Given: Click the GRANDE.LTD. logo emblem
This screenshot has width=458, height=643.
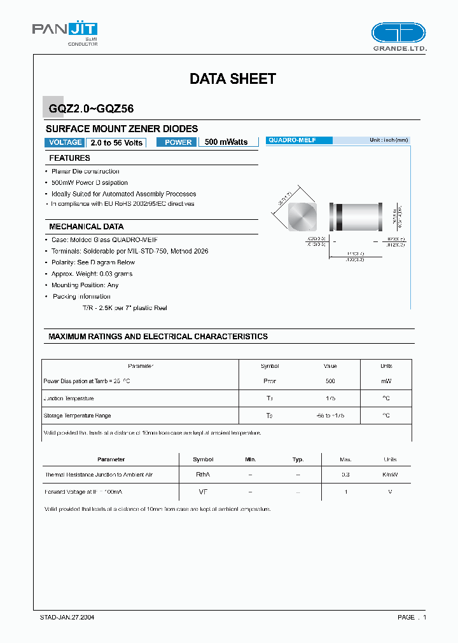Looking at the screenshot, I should (398, 33).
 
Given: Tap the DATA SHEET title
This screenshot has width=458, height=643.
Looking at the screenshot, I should (232, 79).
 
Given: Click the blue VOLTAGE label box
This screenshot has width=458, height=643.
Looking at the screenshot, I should (64, 142).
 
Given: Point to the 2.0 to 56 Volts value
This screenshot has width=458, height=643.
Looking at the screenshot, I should (116, 142).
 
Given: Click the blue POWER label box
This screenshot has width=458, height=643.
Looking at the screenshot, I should (178, 142).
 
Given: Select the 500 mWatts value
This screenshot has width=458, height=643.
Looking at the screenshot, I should (226, 142).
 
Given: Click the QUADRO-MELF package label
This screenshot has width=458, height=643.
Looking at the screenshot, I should (292, 140).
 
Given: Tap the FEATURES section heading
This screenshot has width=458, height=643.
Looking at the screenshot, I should (70, 158).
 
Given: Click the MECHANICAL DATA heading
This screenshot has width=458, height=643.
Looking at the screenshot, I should (87, 227).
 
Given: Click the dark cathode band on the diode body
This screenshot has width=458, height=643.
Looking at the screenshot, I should (340, 217).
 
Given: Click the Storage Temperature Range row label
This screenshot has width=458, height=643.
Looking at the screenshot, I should (77, 416).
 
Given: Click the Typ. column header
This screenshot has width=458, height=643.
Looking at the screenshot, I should (298, 459).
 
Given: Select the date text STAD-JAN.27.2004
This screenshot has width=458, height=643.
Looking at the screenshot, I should (67, 618).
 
